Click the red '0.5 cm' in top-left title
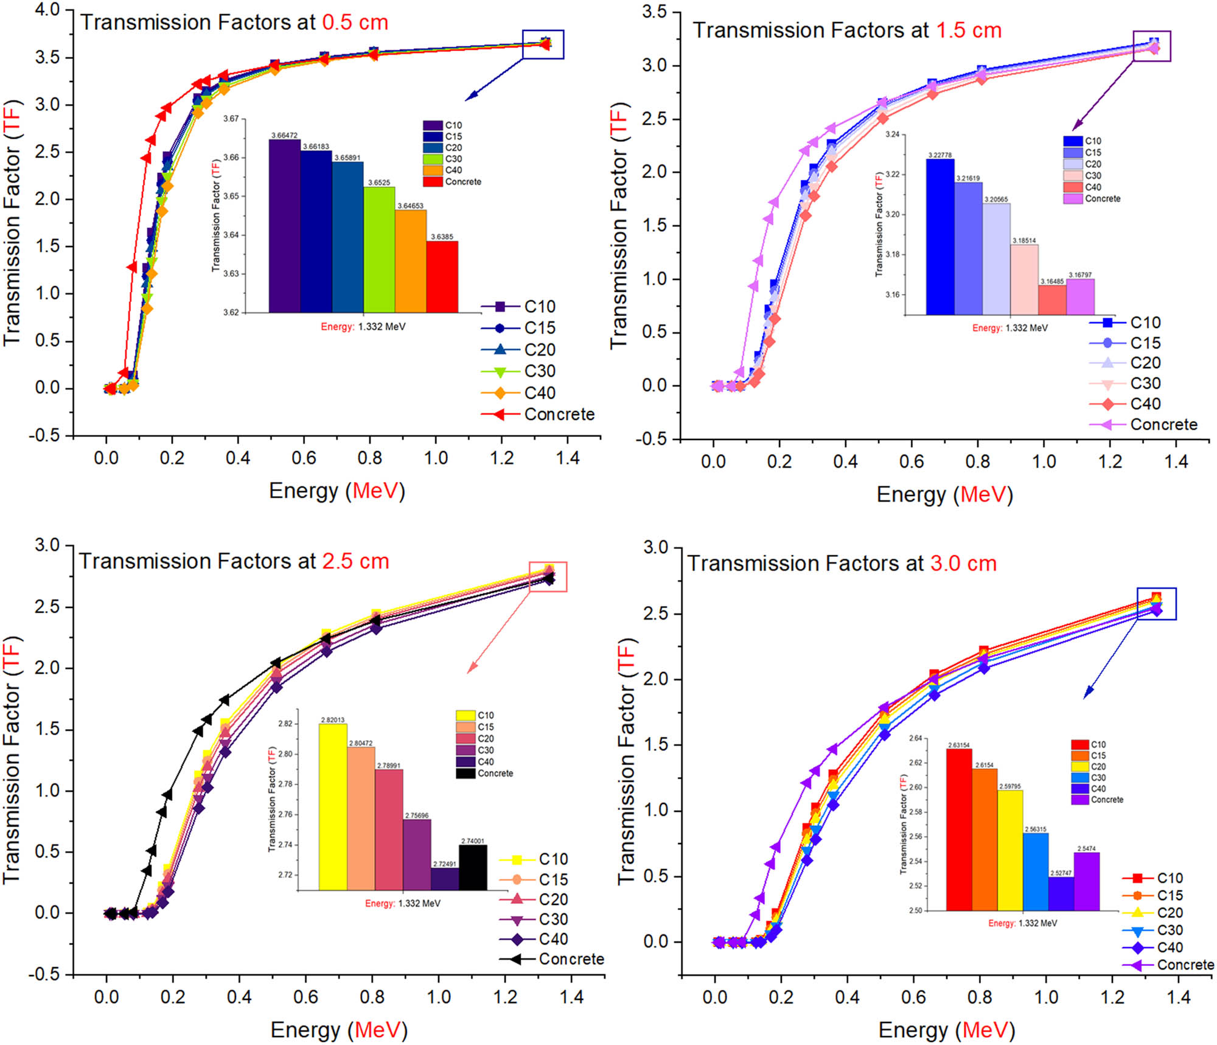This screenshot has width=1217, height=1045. pos(355,23)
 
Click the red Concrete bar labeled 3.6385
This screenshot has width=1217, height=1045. pos(442,277)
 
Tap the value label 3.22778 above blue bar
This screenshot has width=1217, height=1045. pos(940,155)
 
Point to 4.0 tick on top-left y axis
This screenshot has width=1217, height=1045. pos(47,10)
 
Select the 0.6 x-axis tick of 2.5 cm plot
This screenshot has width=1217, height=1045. pos(305,997)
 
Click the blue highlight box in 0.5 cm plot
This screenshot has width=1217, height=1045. pos(543,44)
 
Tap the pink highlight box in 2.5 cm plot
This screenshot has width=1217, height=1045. pos(548,576)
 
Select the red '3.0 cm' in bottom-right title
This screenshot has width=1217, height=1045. pos(963,564)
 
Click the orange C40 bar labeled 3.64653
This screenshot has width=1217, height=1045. pos(410,262)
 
